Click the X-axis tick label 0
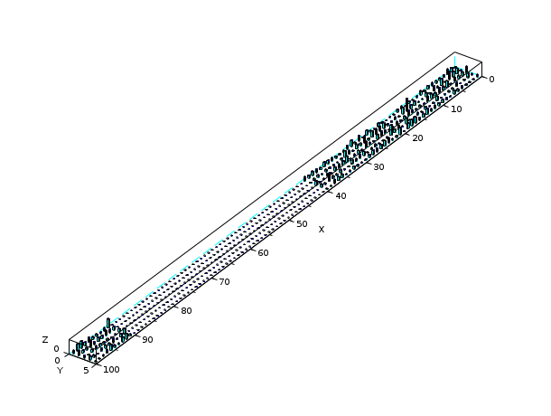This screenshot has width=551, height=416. coord(491,80)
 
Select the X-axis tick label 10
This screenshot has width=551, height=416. coord(456,109)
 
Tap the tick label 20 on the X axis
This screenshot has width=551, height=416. coord(417,138)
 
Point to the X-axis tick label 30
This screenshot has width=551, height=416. coord(378,167)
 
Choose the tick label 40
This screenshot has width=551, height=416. coord(341,196)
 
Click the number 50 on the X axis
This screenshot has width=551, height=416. coord(302,224)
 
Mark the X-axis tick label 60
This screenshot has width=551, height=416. coord(263,253)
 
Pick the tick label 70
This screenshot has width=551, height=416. coord(224,282)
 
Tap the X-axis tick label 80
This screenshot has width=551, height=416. coord(186,311)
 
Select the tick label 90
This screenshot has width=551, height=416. coord(147,340)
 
